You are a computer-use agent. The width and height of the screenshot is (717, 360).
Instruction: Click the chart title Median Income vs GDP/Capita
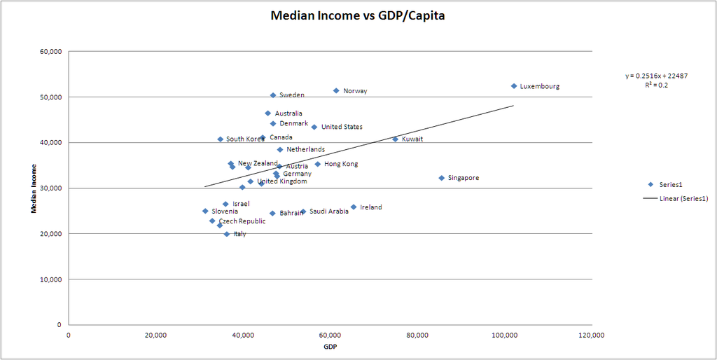pyautogui.click(x=358, y=15)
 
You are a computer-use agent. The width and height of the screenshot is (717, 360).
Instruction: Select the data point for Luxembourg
pyautogui.click(x=513, y=86)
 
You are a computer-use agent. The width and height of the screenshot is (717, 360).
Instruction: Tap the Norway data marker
pyautogui.click(x=336, y=91)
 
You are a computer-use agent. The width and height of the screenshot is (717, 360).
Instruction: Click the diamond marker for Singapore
pyautogui.click(x=442, y=178)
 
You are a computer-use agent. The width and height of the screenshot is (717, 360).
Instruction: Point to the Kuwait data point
pyautogui.click(x=395, y=139)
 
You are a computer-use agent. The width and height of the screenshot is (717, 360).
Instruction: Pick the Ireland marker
pyautogui.click(x=354, y=207)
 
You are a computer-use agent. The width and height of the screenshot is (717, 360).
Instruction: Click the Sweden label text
pyautogui.click(x=291, y=95)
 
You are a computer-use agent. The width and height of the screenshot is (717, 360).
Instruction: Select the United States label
pyautogui.click(x=342, y=127)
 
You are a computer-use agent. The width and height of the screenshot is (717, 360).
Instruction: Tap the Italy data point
pyautogui.click(x=227, y=234)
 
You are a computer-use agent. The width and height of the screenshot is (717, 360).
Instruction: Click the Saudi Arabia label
pyautogui.click(x=328, y=212)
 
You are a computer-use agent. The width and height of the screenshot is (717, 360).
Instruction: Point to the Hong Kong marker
pyautogui.click(x=317, y=164)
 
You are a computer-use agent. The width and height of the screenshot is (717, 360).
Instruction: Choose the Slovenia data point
pyautogui.click(x=205, y=211)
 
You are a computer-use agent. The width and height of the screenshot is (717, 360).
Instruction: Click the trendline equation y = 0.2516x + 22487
pyautogui.click(x=656, y=76)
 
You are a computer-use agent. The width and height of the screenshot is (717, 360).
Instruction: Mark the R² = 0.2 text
pyautogui.click(x=656, y=84)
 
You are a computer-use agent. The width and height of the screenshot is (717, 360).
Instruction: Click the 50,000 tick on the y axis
pyautogui.click(x=53, y=97)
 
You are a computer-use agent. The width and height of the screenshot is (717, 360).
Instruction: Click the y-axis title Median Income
pyautogui.click(x=34, y=188)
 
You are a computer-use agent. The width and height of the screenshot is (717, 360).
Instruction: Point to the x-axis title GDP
pyautogui.click(x=330, y=347)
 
